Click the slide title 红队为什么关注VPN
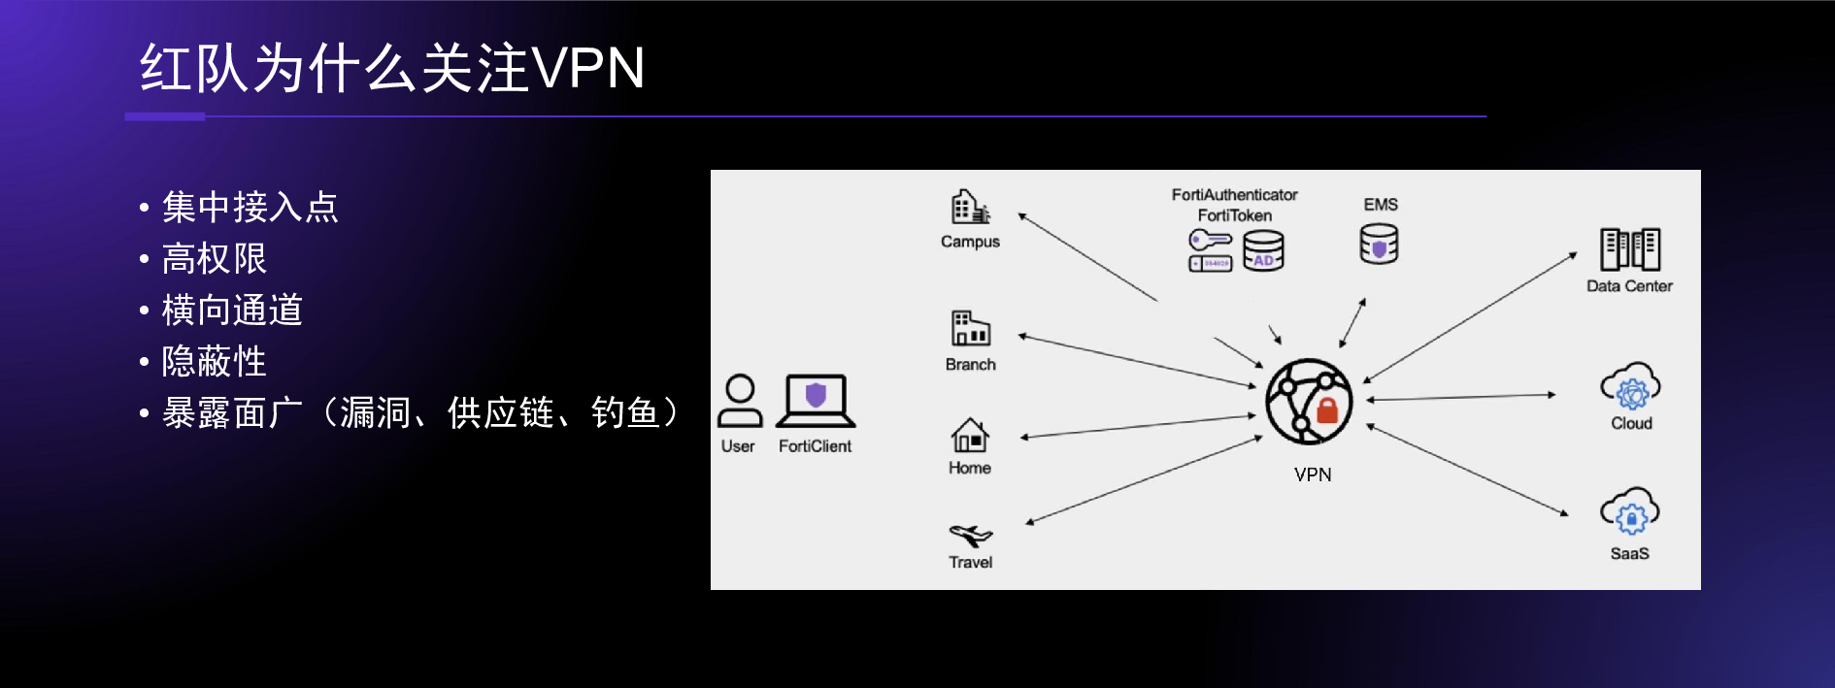click(392, 68)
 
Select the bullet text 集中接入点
click(250, 207)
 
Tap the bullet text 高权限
click(214, 258)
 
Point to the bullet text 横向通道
click(232, 310)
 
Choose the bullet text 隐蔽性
click(214, 361)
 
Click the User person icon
click(740, 401)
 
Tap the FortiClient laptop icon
click(816, 401)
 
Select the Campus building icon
click(970, 207)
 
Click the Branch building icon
click(970, 329)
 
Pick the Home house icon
click(970, 436)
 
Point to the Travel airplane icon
click(970, 535)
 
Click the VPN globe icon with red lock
click(1309, 402)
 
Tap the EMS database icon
click(1379, 244)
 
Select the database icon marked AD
click(1263, 250)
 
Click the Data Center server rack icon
click(1630, 249)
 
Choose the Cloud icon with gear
click(1631, 388)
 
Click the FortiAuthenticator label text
click(1234, 195)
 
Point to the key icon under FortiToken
click(1210, 240)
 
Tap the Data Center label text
click(1629, 286)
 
